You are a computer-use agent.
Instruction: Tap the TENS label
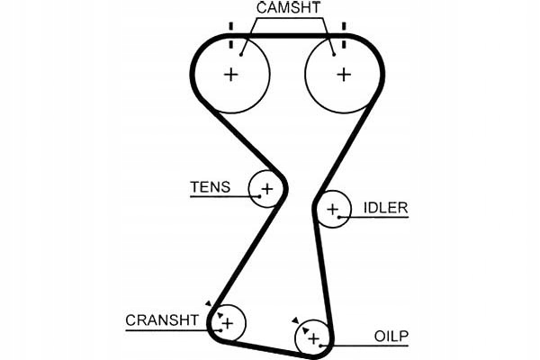210,187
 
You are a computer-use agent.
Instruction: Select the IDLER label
385,208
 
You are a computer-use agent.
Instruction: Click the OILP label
391,337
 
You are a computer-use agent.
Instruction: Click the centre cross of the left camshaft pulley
231,74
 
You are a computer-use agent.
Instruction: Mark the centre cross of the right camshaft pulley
343,74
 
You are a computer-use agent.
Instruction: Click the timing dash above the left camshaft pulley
231,26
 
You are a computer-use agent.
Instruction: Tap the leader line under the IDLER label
382,218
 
